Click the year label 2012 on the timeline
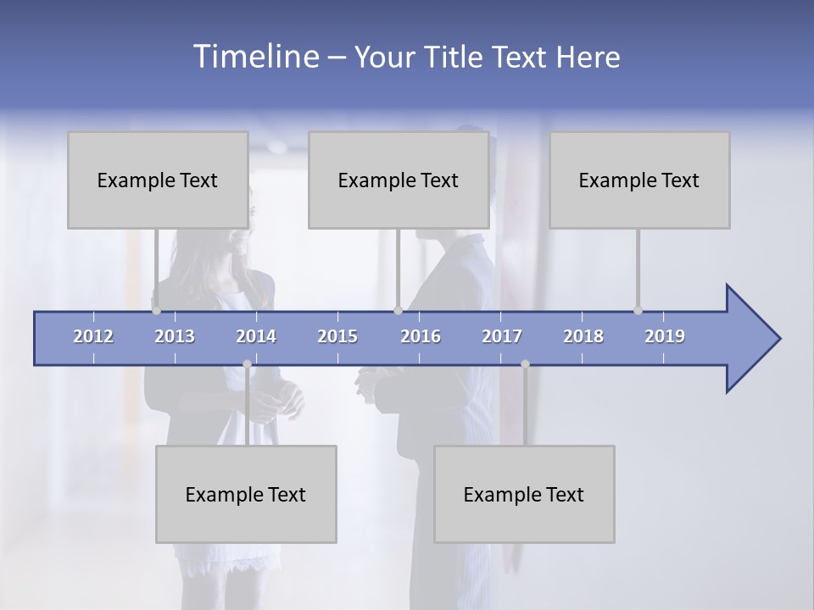[93, 336]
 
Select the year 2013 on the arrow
[175, 336]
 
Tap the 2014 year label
[256, 336]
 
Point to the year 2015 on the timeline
[337, 336]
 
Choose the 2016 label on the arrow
[421, 336]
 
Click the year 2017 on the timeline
[502, 336]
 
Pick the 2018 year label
[583, 336]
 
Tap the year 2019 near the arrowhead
[665, 336]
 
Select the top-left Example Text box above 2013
[158, 180]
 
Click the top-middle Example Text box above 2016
[399, 180]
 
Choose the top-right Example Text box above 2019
[639, 180]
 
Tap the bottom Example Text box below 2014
[246, 494]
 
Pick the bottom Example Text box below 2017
[524, 494]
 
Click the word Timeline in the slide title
[254, 57]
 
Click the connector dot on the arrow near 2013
[156, 310]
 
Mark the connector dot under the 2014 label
[247, 364]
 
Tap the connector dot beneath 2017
[525, 364]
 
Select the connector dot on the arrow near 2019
[638, 310]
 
